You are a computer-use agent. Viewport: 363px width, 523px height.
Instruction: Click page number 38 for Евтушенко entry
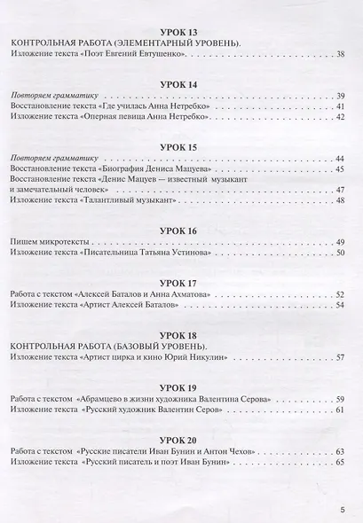coord(342,56)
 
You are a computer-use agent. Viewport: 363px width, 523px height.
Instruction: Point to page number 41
coord(342,106)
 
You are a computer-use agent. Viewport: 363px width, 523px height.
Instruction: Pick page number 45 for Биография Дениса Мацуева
coord(342,168)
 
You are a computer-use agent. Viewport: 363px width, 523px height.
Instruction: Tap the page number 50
coord(342,254)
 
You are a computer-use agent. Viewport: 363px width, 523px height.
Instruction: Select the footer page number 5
coord(343,510)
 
